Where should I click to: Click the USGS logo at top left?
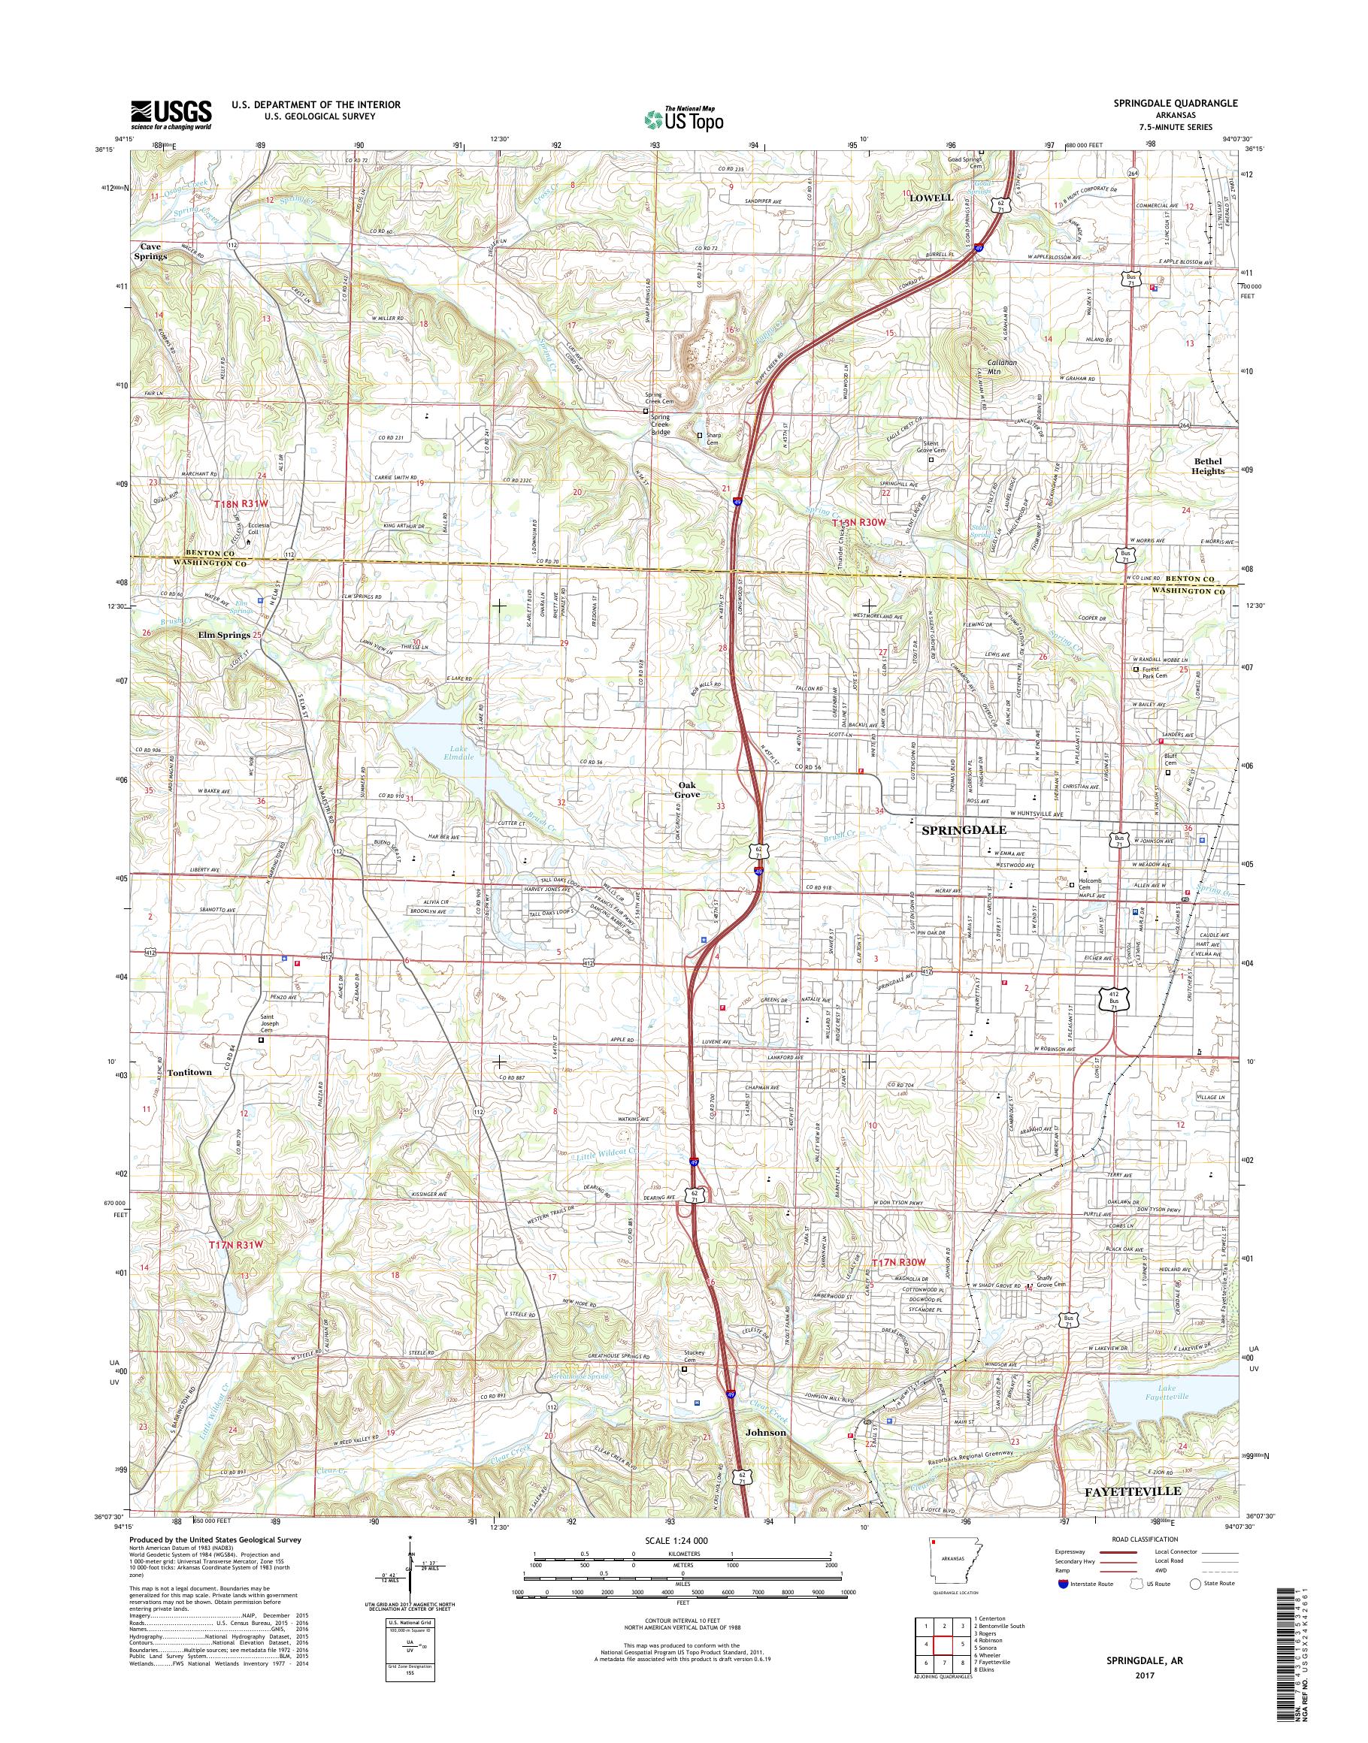[171, 114]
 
